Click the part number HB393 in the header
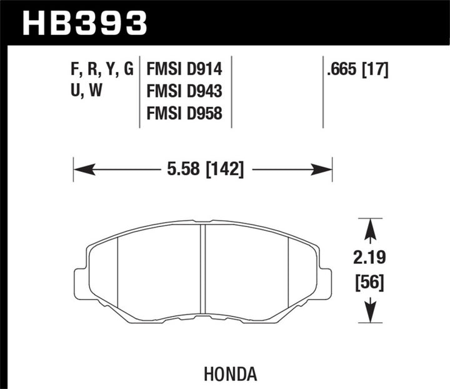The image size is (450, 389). click(85, 23)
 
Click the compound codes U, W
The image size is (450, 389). click(87, 91)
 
